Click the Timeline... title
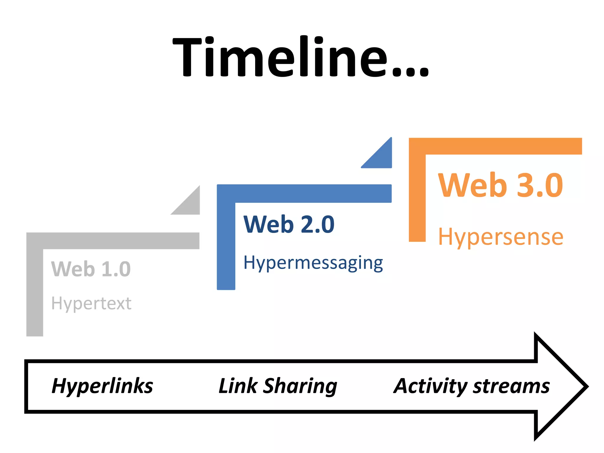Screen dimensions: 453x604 300,57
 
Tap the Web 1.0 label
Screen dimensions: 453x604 91,269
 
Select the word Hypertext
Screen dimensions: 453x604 91,304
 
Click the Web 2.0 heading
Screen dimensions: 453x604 289,224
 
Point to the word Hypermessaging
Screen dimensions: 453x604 313,263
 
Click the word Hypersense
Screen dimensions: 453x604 500,237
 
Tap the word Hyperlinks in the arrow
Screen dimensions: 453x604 102,386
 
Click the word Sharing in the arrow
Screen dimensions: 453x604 300,386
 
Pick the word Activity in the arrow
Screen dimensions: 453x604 430,386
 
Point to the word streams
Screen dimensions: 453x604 511,386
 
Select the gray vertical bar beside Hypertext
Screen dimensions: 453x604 35,292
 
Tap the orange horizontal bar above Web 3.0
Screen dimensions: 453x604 501,146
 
